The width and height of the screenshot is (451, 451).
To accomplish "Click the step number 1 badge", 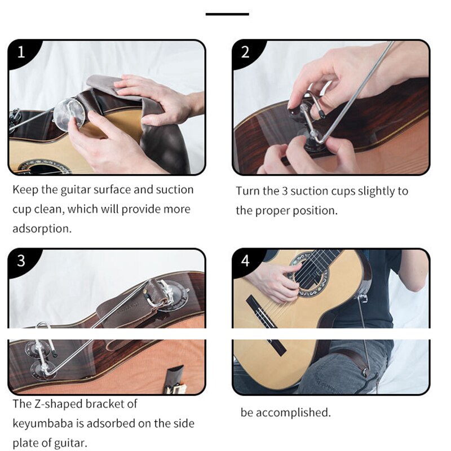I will coord(21,52).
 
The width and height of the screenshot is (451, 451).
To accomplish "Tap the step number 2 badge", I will coord(245,52).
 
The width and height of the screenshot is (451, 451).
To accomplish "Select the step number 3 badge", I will coord(21,261).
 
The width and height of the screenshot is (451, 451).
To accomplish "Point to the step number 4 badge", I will coord(245,261).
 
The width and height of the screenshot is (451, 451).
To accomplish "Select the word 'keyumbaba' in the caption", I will coord(45,423).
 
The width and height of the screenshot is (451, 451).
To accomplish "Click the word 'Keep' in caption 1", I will coord(25,189).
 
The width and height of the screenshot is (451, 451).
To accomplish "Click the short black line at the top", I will coord(227,14).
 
